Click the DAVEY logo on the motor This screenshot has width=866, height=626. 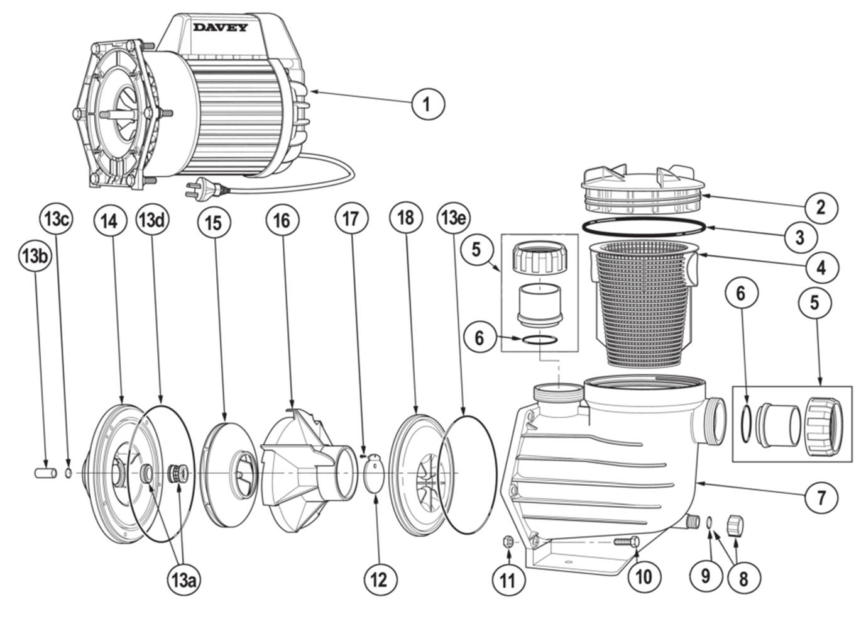(220, 27)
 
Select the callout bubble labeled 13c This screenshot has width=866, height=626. (56, 220)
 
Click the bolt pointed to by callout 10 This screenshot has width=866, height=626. (624, 540)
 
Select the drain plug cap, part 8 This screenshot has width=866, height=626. (735, 524)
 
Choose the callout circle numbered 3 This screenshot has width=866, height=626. (799, 237)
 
